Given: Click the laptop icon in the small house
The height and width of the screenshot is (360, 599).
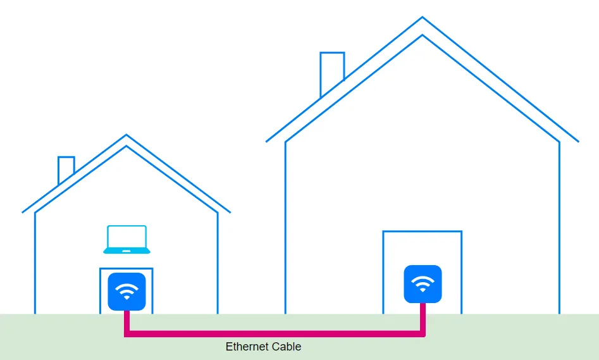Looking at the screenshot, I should (127, 240).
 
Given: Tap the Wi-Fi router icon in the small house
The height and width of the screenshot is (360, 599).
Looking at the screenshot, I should (127, 292).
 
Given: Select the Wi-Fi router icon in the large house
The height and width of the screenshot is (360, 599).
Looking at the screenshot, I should (423, 284).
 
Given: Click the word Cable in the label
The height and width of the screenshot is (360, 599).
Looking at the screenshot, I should (287, 347).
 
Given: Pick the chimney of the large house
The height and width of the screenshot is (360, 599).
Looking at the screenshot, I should (332, 70).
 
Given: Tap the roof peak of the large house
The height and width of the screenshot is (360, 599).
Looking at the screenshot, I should (423, 18).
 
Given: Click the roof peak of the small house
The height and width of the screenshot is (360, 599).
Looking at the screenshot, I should (127, 136).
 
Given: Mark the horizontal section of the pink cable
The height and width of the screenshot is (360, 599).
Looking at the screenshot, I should (275, 333).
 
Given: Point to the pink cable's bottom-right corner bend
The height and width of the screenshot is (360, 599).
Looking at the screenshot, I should (423, 333).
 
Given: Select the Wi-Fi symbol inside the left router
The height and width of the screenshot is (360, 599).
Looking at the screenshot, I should (127, 292).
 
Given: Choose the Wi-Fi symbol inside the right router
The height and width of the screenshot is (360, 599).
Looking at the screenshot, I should (423, 283).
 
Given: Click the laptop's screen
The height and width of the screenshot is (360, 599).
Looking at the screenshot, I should (127, 237).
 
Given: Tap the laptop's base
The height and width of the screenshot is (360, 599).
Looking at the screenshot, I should (127, 251).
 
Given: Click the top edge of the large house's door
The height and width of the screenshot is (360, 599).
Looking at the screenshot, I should (422, 232).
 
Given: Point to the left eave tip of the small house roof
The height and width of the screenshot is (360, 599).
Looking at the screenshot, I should (23, 212).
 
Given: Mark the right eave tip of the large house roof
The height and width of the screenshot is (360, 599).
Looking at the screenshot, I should (577, 141).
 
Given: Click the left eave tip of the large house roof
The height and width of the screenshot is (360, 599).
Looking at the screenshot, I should (267, 141).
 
